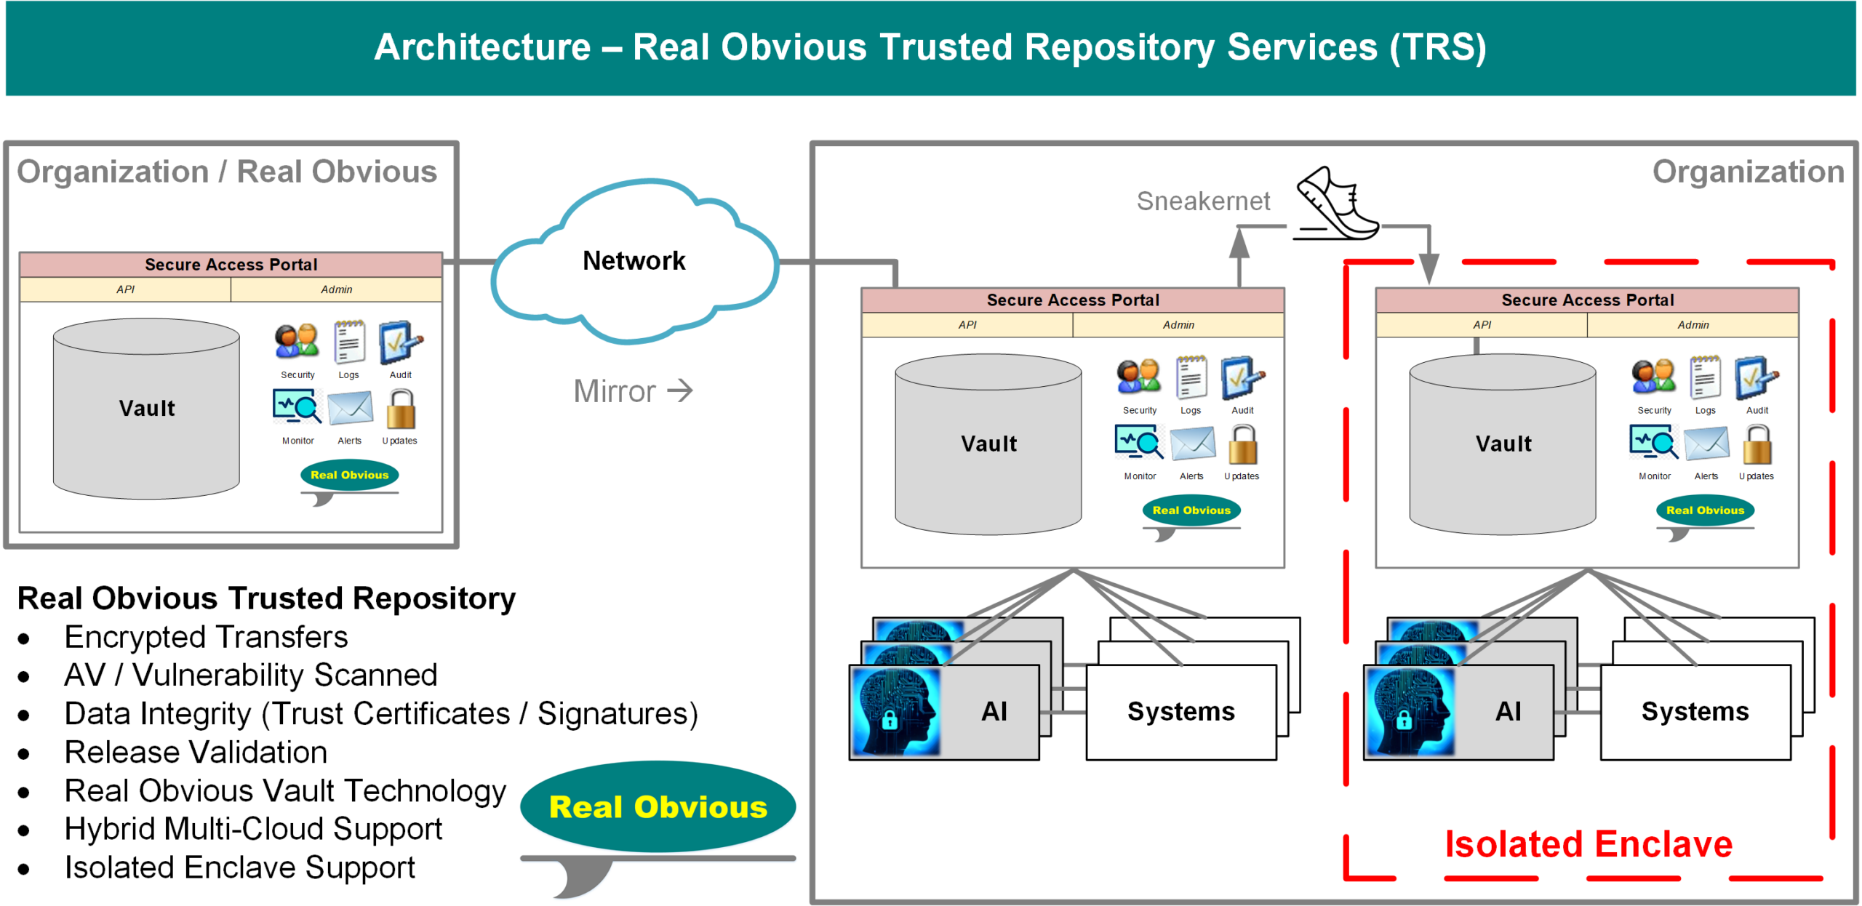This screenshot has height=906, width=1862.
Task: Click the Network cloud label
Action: click(634, 260)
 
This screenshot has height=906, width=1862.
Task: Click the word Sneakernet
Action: click(1203, 201)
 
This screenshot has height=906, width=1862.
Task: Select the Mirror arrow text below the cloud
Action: click(632, 391)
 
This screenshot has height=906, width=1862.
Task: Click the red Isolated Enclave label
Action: click(1589, 844)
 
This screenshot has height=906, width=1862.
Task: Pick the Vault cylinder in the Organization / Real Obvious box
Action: click(146, 408)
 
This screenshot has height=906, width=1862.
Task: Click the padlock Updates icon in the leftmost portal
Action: click(401, 409)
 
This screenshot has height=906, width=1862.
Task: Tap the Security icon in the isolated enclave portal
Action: click(1653, 377)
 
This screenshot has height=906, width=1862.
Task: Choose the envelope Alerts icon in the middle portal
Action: click(1192, 444)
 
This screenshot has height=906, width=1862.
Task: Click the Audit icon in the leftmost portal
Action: click(400, 342)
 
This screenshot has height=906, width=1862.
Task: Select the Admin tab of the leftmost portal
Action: click(336, 289)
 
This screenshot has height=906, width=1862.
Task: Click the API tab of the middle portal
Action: click(967, 325)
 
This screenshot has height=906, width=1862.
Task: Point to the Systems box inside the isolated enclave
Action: click(1695, 711)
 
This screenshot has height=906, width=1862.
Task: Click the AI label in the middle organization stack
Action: click(994, 711)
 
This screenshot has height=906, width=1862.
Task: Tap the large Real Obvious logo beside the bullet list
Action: click(658, 807)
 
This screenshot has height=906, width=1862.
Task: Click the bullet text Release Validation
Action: click(196, 752)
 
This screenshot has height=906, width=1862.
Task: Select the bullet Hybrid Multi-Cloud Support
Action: click(253, 829)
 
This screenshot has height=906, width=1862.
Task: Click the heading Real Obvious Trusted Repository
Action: click(266, 598)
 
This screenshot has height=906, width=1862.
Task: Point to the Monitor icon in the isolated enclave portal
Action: click(1653, 443)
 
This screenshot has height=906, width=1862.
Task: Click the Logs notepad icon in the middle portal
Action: click(1191, 377)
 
